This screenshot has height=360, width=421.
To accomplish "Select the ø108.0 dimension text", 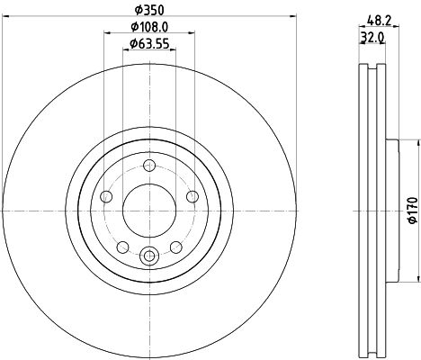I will pyautogui.click(x=148, y=28).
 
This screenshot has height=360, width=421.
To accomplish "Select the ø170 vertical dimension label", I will pyautogui.click(x=412, y=211).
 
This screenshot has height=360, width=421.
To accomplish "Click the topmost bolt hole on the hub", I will pyautogui.click(x=149, y=166).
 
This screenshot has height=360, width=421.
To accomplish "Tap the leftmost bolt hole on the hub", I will pyautogui.click(x=107, y=197).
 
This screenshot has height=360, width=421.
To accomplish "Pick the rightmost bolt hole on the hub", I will pyautogui.click(x=192, y=197).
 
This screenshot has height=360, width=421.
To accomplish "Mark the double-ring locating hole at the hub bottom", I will pyautogui.click(x=149, y=255).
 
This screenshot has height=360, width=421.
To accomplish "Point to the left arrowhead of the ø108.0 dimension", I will pyautogui.click(x=108, y=34).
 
